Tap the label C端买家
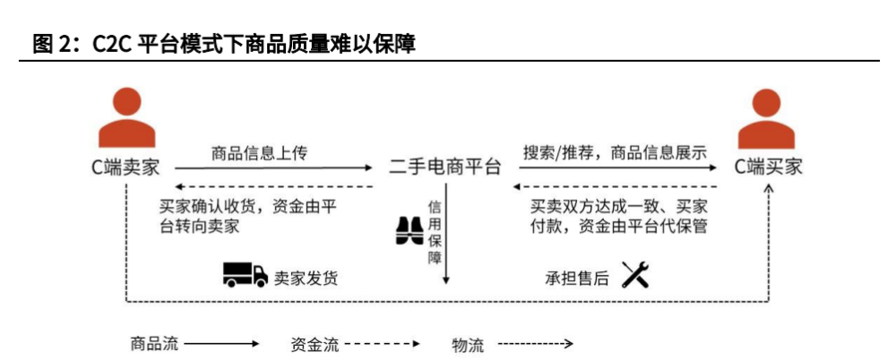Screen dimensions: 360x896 coord(769,167)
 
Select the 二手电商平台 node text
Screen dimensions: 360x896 coord(444,167)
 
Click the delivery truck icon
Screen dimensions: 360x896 coord(246,276)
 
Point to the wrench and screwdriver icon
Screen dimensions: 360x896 coord(634,276)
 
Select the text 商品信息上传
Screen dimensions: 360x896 coord(259,152)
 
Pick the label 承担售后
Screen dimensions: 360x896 coord(577,278)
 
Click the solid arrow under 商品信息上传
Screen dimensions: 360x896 coord(273,167)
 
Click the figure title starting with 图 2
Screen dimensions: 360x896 coord(224,43)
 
